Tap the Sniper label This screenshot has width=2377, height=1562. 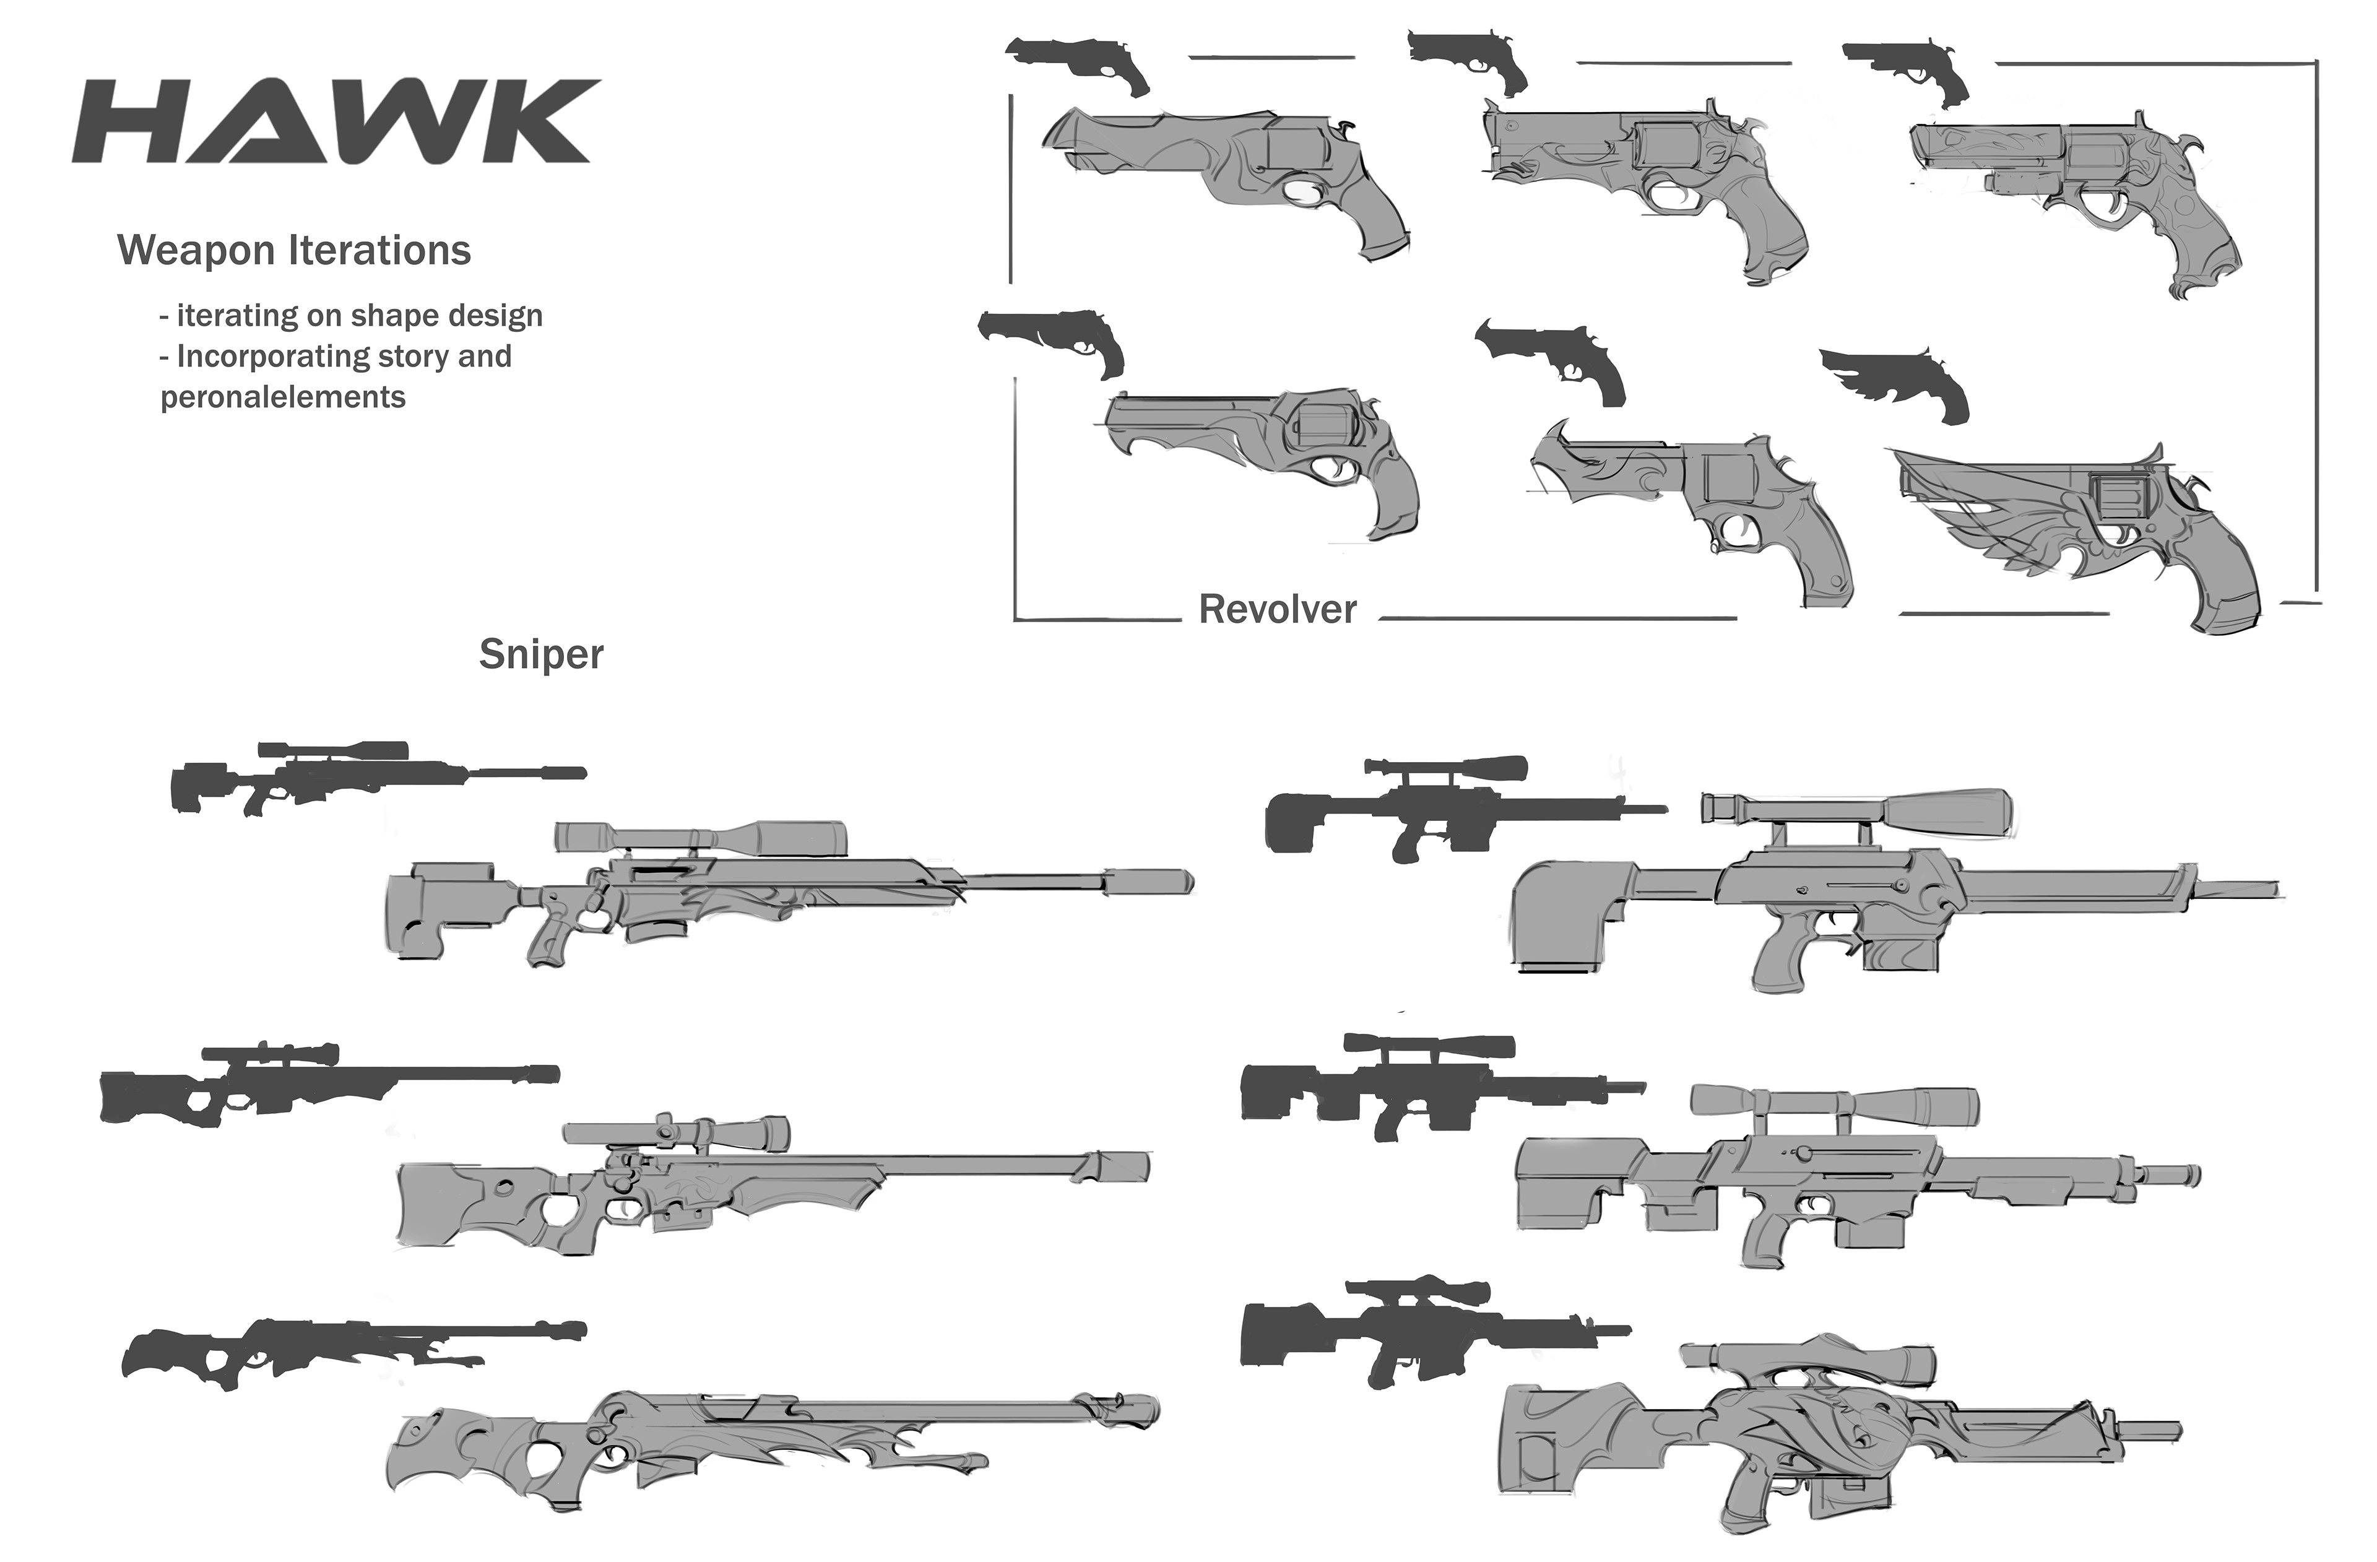[540, 654]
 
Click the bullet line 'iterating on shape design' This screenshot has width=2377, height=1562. [352, 316]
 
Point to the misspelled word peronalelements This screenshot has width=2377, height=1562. [283, 397]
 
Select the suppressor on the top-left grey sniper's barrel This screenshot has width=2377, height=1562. [1148, 881]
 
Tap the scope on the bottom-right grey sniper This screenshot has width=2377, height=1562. [1808, 1363]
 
